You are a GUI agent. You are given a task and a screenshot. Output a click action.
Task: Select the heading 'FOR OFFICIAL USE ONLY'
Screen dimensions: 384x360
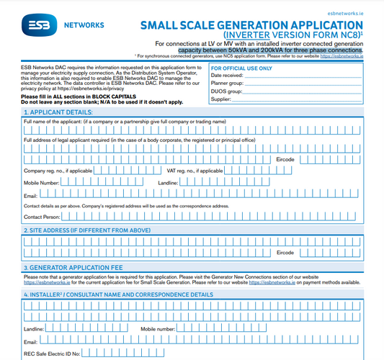click(242, 69)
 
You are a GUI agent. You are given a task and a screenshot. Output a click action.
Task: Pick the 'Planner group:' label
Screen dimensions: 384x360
click(227, 84)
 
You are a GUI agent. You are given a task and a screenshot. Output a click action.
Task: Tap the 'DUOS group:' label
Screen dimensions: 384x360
click(225, 91)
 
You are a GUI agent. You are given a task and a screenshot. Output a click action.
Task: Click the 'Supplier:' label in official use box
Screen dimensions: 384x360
click(221, 99)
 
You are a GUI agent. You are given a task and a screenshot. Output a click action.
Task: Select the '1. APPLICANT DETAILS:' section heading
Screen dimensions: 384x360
click(58, 112)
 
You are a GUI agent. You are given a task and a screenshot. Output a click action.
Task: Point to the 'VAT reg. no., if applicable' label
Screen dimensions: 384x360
click(195, 171)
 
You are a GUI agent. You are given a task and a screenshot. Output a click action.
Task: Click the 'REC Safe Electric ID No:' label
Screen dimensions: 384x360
click(52, 353)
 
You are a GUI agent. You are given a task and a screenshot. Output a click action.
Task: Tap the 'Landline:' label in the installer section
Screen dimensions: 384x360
click(35, 328)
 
